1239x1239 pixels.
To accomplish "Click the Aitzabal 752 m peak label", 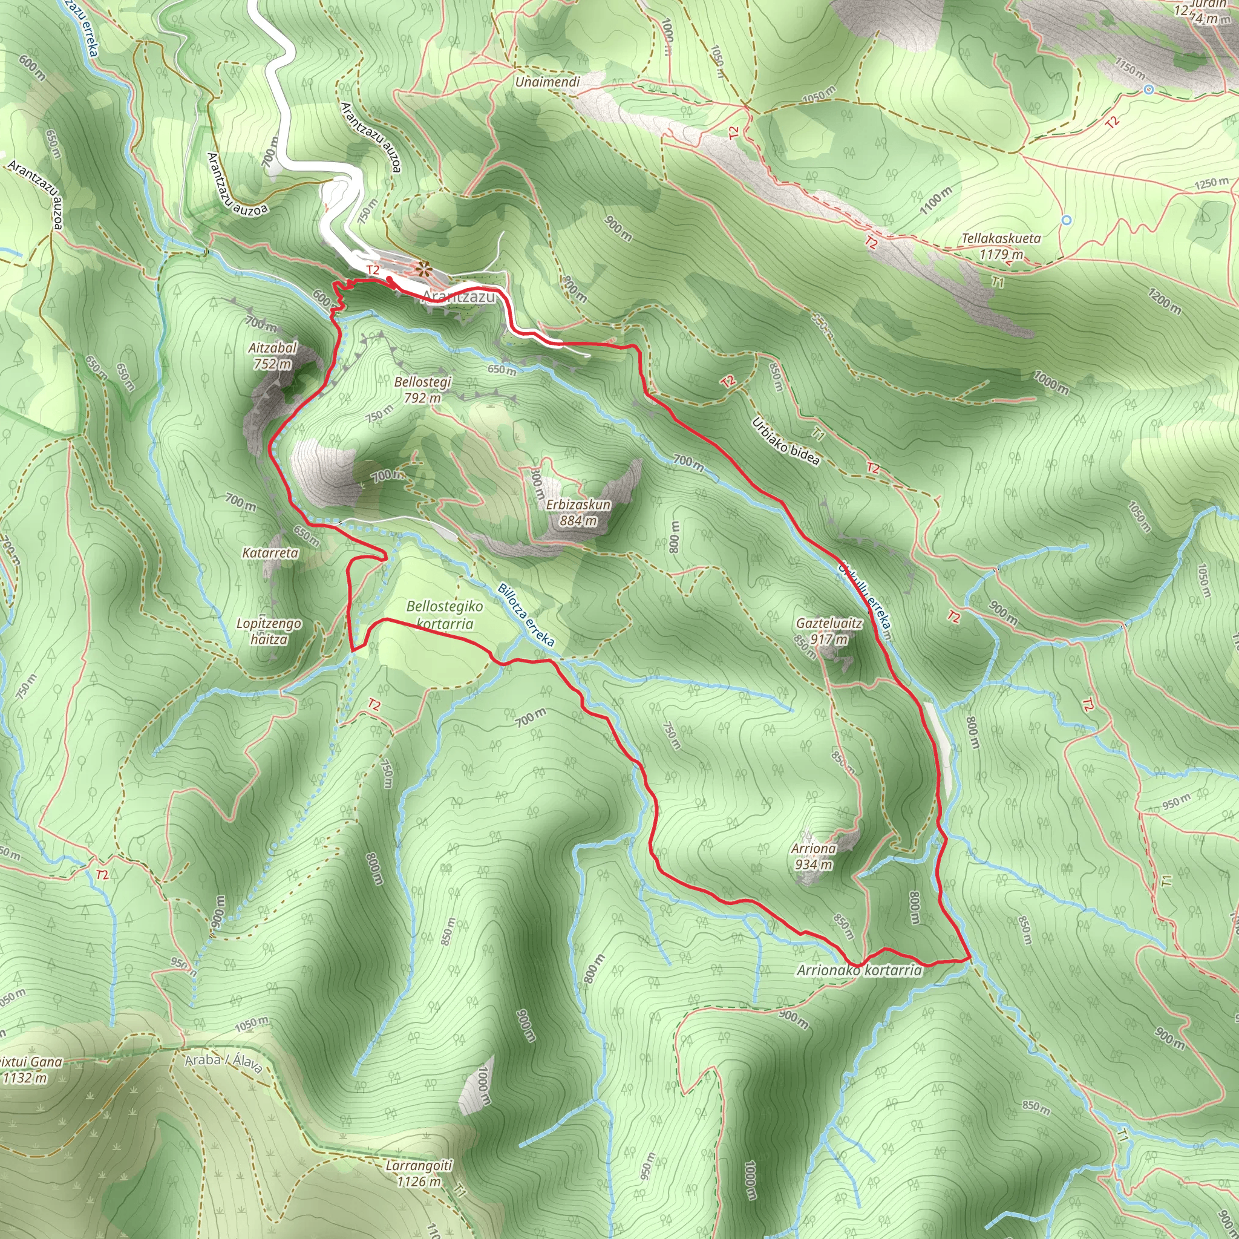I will (273, 356).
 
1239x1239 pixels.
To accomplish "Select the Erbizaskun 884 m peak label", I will (578, 512).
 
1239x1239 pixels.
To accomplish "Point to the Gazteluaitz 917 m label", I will (829, 631).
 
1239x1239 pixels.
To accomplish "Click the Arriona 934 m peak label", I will (813, 856).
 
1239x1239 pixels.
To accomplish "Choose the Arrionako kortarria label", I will (858, 970).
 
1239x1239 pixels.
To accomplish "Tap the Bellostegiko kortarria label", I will (445, 615).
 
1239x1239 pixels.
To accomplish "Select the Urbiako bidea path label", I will (786, 440).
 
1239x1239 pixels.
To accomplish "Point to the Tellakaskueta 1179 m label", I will (1001, 246).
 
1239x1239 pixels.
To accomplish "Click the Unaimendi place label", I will (547, 82).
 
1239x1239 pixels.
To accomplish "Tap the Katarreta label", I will (270, 553).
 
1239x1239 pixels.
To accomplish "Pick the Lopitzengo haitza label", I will (269, 631).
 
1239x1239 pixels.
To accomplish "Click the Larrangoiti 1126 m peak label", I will (419, 1174).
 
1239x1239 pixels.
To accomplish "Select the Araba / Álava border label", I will (223, 1062).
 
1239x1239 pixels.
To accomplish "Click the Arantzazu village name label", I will (459, 297).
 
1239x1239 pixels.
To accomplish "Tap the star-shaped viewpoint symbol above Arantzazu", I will (422, 269).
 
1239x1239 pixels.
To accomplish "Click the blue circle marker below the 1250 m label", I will (1067, 220).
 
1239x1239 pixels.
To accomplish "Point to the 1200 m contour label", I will (1165, 301).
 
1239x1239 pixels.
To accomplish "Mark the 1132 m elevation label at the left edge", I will (25, 1078).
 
